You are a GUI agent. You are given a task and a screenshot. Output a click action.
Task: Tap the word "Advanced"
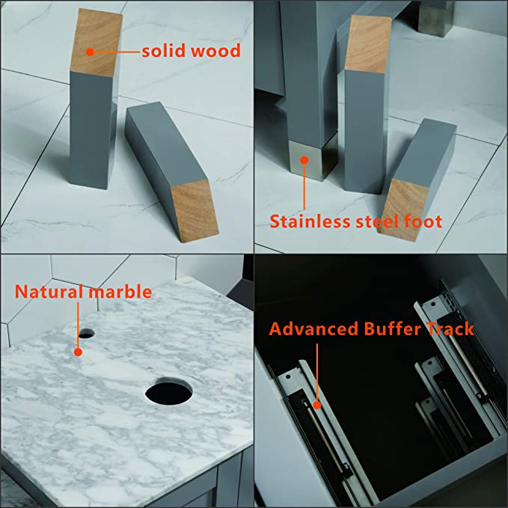[313, 328]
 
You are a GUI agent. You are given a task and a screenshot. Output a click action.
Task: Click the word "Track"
[450, 328]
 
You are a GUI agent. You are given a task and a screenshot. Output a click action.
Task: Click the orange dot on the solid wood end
[91, 52]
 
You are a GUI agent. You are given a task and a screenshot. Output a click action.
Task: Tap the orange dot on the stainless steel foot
[304, 160]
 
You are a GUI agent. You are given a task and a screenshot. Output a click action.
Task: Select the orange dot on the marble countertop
[78, 352]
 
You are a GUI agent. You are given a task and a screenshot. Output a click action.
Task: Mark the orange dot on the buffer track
[317, 405]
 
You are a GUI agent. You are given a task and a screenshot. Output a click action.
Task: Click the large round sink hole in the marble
[168, 392]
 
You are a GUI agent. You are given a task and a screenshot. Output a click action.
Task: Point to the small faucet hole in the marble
[87, 334]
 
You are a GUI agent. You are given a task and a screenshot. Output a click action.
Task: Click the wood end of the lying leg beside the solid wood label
[195, 211]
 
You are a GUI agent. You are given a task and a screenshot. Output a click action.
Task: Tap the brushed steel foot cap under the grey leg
[311, 159]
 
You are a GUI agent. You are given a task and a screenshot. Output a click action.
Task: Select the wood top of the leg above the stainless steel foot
[368, 43]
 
